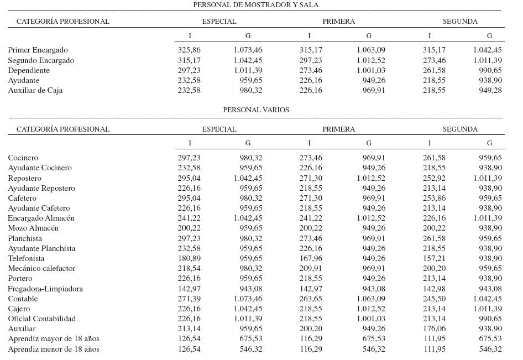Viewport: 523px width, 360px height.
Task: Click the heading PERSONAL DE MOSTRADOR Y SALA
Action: coord(255,4)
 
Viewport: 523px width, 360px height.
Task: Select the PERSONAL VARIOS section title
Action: coord(255,109)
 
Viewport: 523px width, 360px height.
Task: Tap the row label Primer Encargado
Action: coord(38,50)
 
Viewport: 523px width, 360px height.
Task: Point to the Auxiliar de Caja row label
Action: coord(35,90)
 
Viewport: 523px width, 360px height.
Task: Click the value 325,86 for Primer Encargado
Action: coord(189,50)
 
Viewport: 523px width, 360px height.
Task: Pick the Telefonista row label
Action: coord(27,258)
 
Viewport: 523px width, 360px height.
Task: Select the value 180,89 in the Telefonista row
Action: coord(189,258)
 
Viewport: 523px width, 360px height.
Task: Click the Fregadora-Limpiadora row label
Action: coord(45,289)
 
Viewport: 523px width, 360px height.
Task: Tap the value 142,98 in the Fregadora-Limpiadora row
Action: coord(434,289)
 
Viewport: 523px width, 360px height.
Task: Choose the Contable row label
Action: coord(23,299)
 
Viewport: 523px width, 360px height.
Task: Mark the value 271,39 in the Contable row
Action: coord(189,299)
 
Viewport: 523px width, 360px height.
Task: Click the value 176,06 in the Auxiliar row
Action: coord(434,328)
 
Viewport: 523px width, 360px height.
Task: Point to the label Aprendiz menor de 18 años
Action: coord(54,349)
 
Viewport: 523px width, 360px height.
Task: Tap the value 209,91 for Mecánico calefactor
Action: coord(311,268)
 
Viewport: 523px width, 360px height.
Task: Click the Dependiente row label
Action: coord(29,70)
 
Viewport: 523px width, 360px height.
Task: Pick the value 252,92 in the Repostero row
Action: coord(434,178)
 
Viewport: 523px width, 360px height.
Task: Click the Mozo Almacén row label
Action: coord(33,228)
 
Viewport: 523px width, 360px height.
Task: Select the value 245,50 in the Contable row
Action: coord(434,299)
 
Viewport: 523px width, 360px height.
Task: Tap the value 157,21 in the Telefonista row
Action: coord(434,258)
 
